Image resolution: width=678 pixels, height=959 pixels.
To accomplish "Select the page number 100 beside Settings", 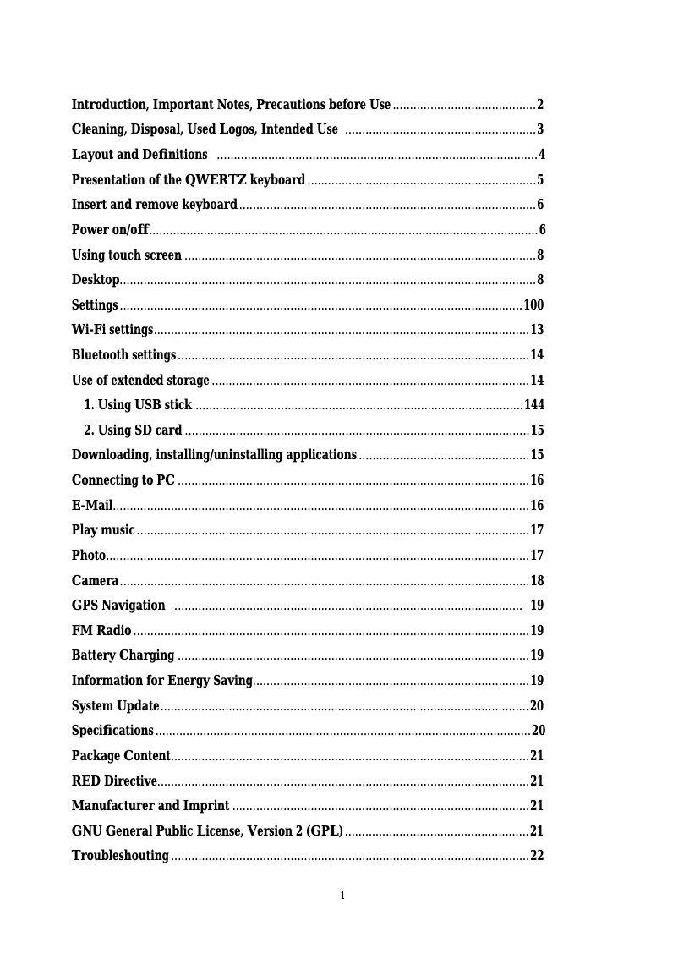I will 533,305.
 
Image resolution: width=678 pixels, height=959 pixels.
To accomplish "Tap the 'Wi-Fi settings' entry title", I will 112,330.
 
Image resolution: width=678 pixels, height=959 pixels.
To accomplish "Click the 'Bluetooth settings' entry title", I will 124,355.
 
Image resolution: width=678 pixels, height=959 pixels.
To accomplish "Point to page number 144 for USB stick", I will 534,405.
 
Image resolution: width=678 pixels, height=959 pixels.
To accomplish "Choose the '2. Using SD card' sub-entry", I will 134,430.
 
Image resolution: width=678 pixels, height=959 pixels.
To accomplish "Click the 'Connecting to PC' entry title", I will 123,480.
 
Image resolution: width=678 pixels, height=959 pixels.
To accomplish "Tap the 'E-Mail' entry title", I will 92,506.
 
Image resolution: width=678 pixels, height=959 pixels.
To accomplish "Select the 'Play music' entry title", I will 103,530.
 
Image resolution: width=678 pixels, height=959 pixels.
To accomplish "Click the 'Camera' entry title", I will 95,581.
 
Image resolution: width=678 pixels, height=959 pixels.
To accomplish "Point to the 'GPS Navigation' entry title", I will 118,606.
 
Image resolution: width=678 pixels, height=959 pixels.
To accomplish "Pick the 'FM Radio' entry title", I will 101,631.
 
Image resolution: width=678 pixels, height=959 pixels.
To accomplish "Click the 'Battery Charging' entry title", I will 123,655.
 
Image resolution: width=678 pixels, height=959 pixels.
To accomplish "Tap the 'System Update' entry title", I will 116,706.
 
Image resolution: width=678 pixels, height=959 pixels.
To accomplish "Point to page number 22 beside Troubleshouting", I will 537,857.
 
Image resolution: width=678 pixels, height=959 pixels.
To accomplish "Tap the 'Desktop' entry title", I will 95,280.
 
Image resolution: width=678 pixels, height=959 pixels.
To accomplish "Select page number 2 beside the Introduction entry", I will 540,105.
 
